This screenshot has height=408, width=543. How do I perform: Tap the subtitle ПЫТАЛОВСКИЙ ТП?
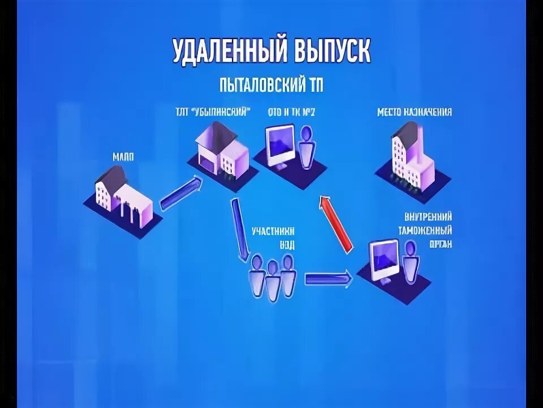click(x=271, y=86)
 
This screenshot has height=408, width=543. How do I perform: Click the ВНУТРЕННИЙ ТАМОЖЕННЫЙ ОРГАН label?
click(x=428, y=230)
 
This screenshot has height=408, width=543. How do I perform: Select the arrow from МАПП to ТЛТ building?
click(x=181, y=193)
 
